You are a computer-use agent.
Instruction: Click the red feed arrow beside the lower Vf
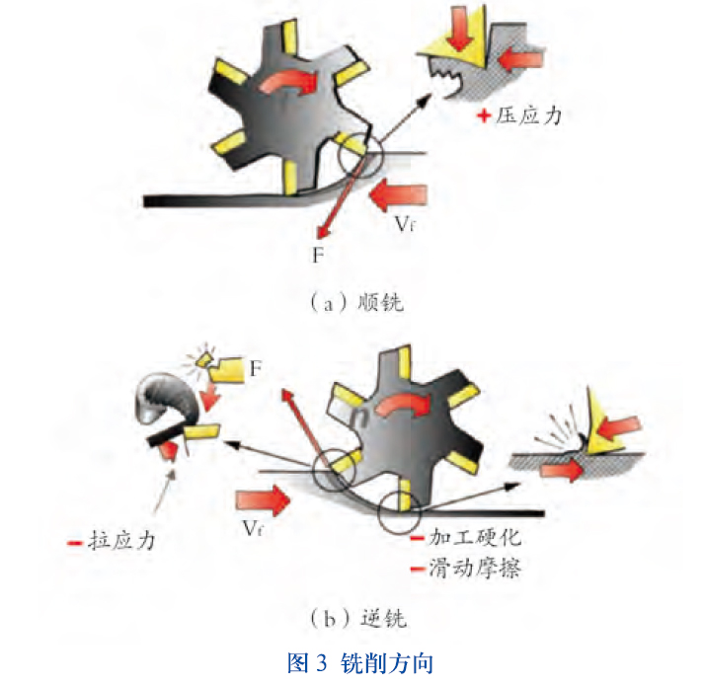pos(266,497)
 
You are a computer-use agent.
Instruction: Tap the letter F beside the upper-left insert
pos(256,370)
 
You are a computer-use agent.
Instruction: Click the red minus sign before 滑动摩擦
pos(417,569)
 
